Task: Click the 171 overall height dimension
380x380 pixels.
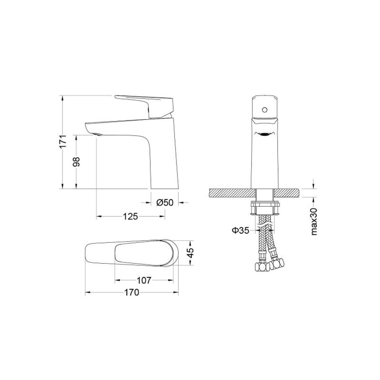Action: coord(63,142)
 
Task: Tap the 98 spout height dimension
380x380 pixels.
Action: coord(76,162)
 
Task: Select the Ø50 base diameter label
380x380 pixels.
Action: coord(165,202)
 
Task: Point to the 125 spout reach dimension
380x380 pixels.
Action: coord(130,216)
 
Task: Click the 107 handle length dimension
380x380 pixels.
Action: coord(144,280)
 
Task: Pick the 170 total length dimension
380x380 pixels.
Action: coord(132,292)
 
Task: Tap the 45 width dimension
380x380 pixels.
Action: coord(191,253)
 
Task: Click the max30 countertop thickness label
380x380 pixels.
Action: coord(314,222)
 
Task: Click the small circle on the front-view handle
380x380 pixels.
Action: coord(265,110)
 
